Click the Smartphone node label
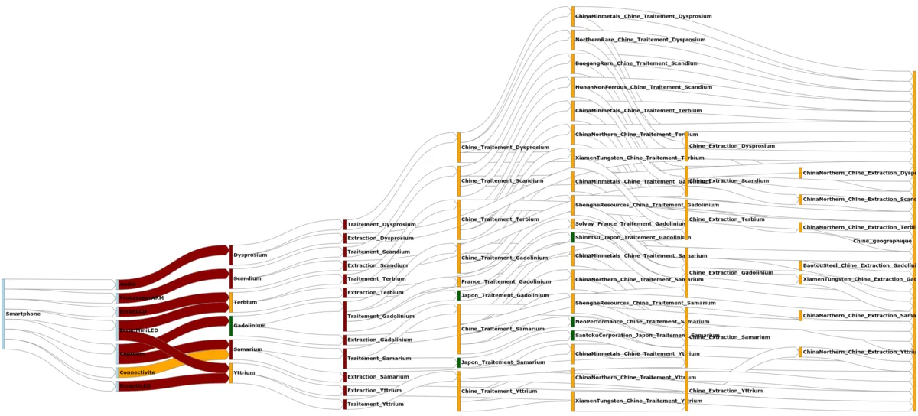23,314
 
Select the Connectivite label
137,372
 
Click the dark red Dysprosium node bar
231,255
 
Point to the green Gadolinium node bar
231,325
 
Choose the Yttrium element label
244,372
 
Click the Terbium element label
245,302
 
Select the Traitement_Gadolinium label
381,316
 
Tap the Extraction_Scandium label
378,265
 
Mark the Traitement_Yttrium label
376,404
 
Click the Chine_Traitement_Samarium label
503,329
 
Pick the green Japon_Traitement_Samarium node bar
459,362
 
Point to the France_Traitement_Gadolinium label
506,281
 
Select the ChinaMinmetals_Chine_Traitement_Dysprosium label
643,16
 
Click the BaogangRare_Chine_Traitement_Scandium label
636,63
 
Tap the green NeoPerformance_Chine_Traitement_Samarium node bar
572,322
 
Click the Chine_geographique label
881,241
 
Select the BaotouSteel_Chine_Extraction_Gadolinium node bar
800,265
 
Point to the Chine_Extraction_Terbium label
727,219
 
